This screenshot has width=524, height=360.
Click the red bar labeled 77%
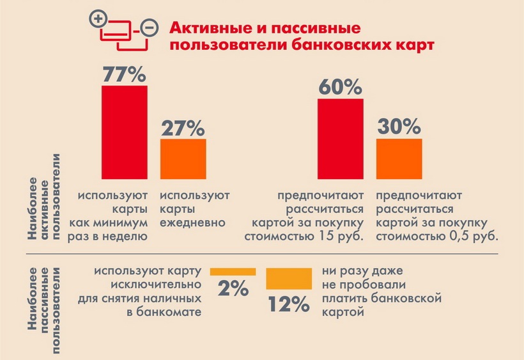point(125,132)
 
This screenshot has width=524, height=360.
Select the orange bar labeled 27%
point(183,159)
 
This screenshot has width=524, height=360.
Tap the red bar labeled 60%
point(341,139)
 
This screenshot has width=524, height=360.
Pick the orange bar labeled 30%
point(399,159)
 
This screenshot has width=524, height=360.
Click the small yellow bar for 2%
point(233,272)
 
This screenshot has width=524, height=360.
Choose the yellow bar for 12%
point(288,278)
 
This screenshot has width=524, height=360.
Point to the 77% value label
point(125,74)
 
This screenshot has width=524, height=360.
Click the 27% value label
point(183,127)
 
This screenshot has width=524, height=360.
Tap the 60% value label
point(341,88)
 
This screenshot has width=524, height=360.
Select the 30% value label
point(399,127)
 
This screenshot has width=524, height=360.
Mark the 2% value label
point(233,290)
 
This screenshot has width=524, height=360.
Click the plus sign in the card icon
point(98,19)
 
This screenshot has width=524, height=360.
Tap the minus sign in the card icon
point(149,28)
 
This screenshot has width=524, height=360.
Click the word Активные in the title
point(206,29)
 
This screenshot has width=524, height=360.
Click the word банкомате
point(173,312)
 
